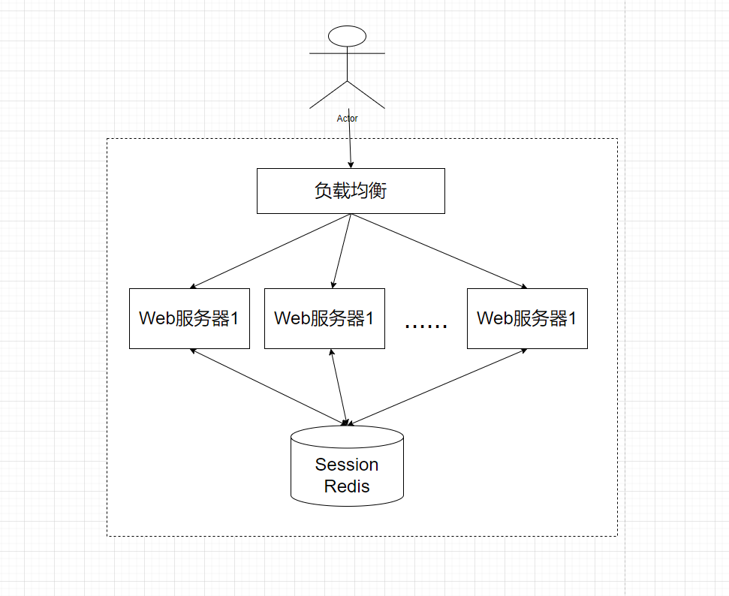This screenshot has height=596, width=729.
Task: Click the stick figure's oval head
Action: (348, 36)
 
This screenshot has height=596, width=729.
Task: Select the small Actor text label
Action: (348, 119)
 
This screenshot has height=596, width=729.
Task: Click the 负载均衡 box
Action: (351, 191)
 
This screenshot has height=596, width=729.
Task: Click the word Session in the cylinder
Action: (347, 465)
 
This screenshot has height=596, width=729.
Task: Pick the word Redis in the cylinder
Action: (347, 486)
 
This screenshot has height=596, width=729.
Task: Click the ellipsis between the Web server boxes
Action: (426, 326)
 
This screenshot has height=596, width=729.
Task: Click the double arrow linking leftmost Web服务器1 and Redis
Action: (269, 387)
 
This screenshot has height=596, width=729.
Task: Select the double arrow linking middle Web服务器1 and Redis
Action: (339, 387)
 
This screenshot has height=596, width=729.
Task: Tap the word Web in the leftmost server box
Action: (157, 318)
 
